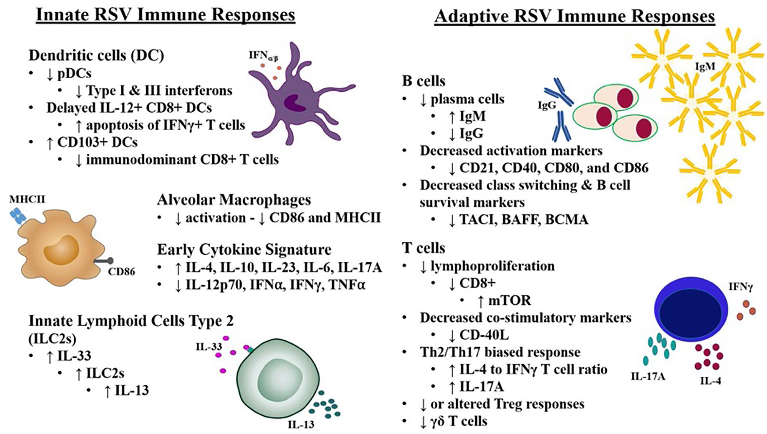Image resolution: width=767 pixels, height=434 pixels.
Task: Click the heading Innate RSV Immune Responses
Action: [x=166, y=14]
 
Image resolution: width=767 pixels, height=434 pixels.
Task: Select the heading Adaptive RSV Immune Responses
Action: [x=575, y=16]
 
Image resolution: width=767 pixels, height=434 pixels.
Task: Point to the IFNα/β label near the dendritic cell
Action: [x=263, y=55]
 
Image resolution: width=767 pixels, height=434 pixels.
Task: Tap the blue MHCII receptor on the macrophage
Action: [x=18, y=216]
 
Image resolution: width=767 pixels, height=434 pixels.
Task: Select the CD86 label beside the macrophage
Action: [x=122, y=271]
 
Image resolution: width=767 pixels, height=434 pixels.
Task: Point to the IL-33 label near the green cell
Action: [x=209, y=347]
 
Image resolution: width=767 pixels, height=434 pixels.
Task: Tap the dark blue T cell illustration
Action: [x=691, y=311]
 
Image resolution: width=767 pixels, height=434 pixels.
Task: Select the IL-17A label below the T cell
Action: [x=648, y=376]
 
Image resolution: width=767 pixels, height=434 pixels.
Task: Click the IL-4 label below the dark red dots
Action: [x=710, y=381]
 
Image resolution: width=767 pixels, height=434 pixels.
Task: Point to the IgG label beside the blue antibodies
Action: [x=547, y=105]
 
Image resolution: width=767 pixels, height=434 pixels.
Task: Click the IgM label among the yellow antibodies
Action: [x=705, y=66]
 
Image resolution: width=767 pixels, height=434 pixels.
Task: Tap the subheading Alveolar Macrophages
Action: [x=234, y=200]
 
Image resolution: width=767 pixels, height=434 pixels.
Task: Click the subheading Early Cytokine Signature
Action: [x=244, y=250]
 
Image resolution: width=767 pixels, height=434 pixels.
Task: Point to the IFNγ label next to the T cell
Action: [x=741, y=287]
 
